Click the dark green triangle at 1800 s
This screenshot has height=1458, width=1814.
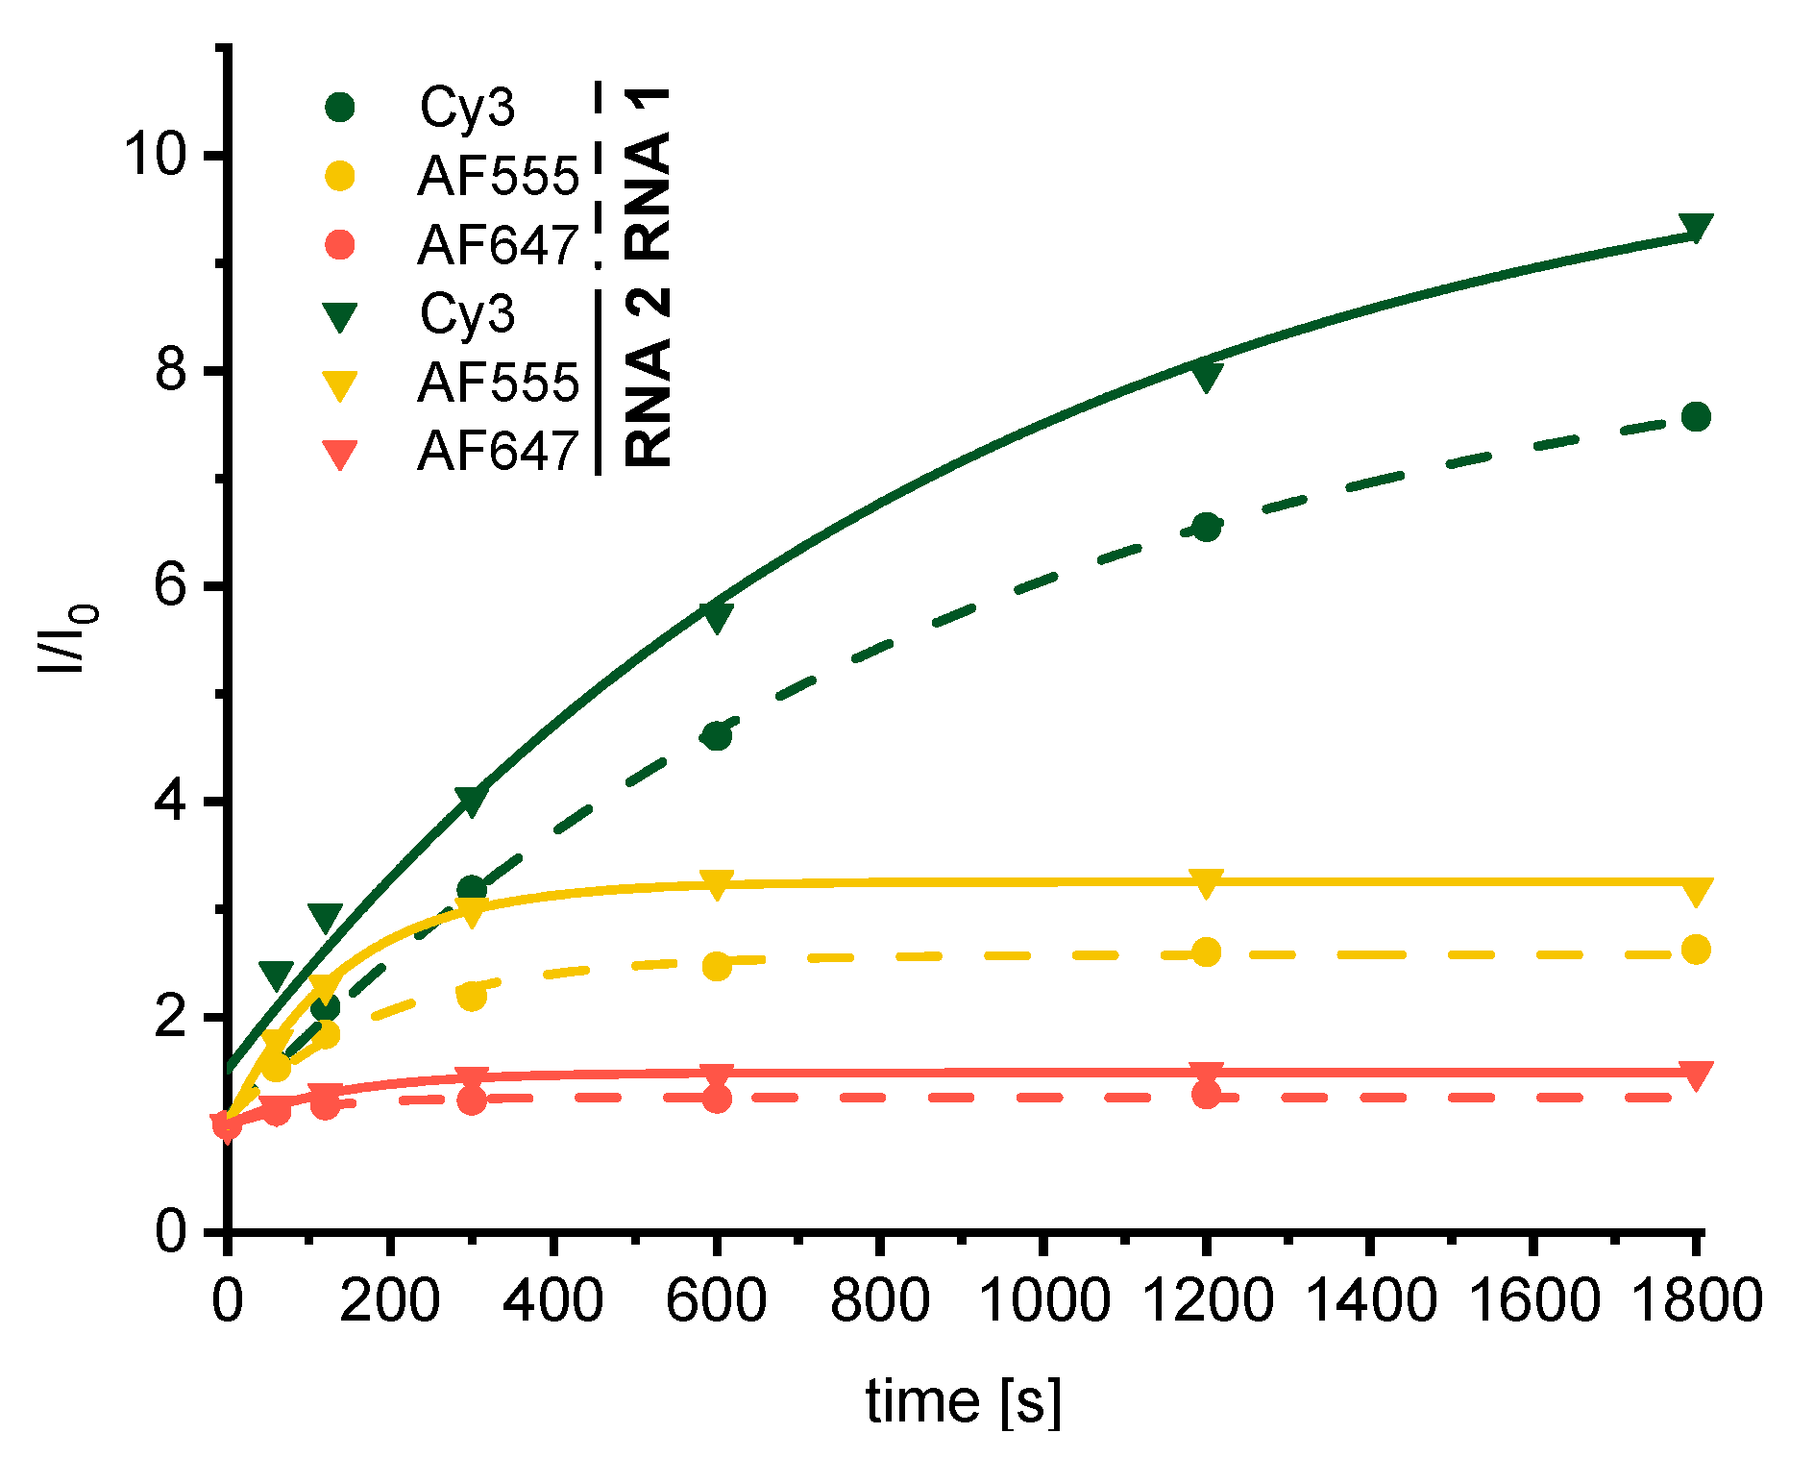1696,227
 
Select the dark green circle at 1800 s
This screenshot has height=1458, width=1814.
1696,416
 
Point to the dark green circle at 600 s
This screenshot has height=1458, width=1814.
717,736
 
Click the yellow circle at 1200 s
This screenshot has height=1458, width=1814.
1206,952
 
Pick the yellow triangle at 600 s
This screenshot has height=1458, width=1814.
717,883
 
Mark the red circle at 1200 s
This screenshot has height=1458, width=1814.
1206,1094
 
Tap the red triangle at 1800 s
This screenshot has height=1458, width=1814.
1696,1075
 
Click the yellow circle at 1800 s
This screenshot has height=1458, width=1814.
1696,950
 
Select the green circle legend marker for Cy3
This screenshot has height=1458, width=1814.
340,107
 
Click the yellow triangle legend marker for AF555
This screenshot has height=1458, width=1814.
340,384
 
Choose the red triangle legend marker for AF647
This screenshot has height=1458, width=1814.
340,454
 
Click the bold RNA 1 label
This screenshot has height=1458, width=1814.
648,173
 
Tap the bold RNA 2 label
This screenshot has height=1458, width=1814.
648,378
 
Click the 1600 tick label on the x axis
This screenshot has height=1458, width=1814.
1532,1299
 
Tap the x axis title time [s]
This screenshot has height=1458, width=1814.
964,1400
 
